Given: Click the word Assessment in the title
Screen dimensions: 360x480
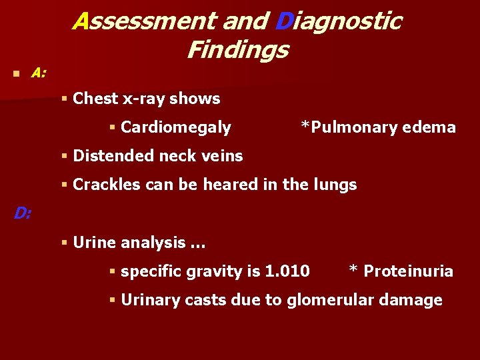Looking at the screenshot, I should pos(144,21).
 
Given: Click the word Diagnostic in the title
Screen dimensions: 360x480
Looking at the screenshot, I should pos(337,21).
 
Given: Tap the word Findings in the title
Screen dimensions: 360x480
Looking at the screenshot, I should pos(237,49).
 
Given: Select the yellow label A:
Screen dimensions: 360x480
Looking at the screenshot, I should pos(39,73).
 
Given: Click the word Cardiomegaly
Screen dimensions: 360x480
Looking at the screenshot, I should pos(176,127).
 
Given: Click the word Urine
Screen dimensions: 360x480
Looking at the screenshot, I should pos(95,243).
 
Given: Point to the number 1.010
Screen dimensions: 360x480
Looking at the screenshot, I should pos(287,271).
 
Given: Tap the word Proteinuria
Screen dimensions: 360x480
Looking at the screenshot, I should pos(408,271).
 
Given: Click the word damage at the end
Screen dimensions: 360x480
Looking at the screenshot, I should pos(413,300).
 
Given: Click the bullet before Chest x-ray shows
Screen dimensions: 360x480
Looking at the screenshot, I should pos(65,99).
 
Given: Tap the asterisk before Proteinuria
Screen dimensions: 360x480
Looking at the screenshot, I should pos(353,270).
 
